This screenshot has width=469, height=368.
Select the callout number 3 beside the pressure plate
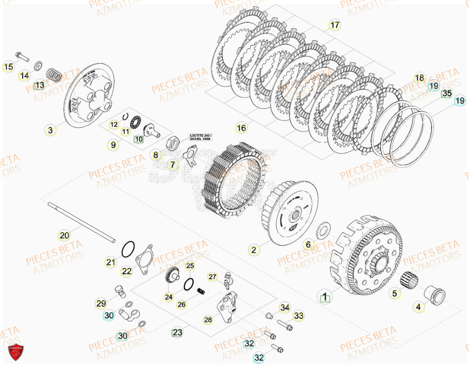[x=50, y=130]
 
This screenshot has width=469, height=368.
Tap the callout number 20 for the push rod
[x=64, y=235]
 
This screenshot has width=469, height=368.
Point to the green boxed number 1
[x=325, y=296]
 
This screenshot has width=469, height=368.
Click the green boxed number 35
[x=447, y=93]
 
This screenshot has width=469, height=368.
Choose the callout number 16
[x=241, y=128]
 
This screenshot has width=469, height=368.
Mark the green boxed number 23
[x=177, y=332]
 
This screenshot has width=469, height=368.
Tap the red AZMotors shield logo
[x=15, y=352]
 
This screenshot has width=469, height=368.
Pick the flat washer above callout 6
[x=322, y=230]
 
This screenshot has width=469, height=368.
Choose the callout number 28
[x=208, y=319]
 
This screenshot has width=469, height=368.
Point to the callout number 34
[x=285, y=308]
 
